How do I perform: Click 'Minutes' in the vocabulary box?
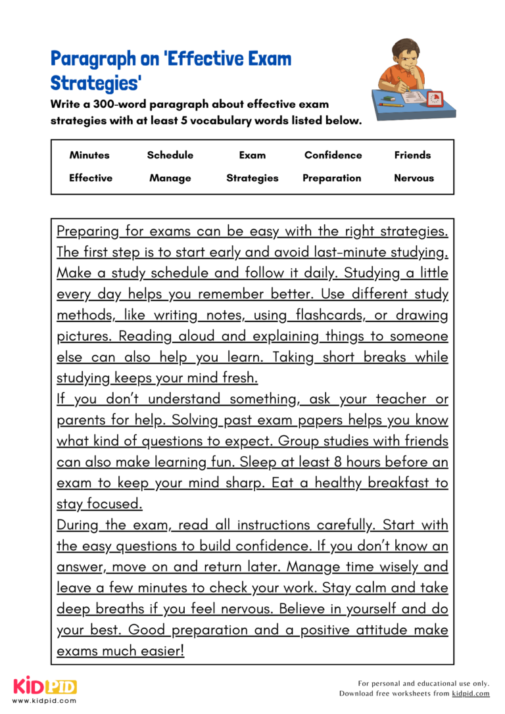point(89,155)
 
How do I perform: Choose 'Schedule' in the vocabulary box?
point(170,155)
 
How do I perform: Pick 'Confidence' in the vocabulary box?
point(333,155)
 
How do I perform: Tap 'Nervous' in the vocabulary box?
point(414,178)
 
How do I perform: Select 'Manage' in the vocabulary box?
point(170,178)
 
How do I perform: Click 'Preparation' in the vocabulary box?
point(332,178)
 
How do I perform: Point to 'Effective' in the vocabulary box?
point(91,178)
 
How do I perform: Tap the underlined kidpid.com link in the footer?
point(470,694)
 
